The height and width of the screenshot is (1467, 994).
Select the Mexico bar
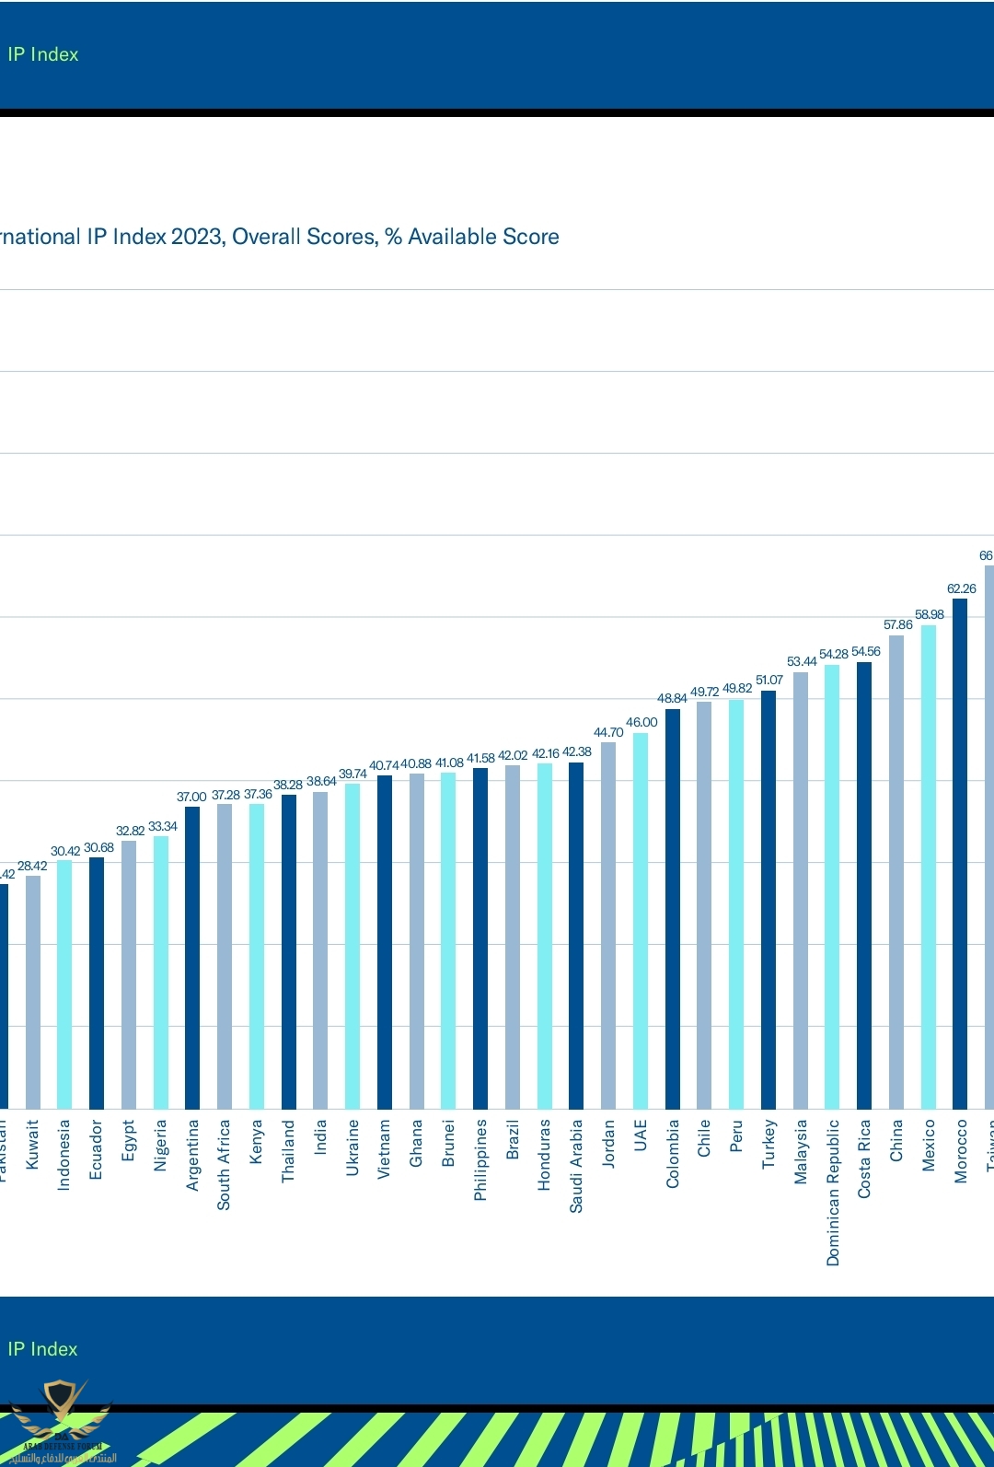pos(928,866)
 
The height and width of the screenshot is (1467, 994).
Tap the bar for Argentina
pos(192,957)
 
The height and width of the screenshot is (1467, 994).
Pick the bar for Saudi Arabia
pos(576,935)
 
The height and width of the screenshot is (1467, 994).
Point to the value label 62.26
pos(961,588)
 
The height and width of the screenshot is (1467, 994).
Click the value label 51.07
pos(769,680)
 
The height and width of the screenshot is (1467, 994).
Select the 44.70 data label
pos(608,732)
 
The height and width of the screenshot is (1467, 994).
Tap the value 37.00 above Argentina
pos(191,797)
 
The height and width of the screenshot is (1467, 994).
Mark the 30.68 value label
pos(98,847)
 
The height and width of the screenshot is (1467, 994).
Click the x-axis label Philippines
pos(480,1159)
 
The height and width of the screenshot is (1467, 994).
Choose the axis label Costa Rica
pos(864,1158)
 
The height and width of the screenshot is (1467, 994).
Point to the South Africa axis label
pos(224,1164)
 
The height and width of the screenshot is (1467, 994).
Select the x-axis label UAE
pos(641,1135)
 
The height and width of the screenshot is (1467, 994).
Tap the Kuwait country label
pos(32,1144)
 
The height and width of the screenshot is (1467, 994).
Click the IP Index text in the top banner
pos(43,54)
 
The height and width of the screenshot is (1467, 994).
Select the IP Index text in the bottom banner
pos(43,1349)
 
